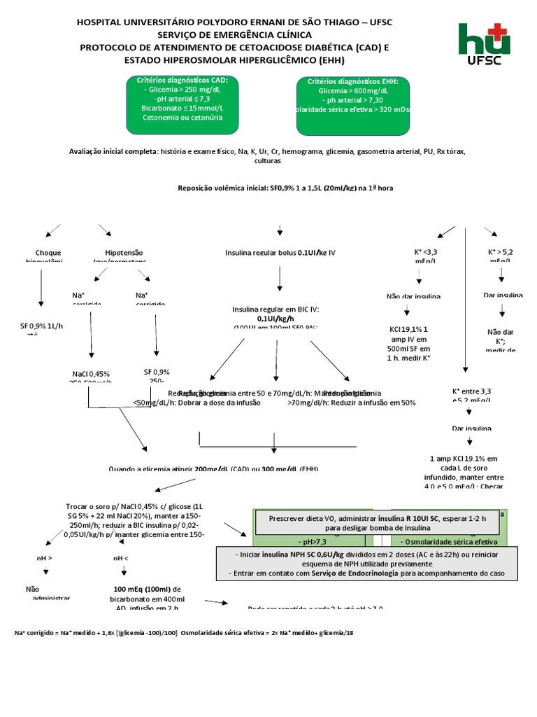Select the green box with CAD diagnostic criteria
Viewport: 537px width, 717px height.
coord(182,99)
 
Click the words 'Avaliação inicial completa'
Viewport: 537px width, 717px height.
coord(113,151)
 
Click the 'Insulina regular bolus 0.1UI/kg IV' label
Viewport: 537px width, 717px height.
coord(280,252)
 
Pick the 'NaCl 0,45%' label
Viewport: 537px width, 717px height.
coord(91,373)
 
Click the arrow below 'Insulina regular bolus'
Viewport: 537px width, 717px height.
coord(280,278)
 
